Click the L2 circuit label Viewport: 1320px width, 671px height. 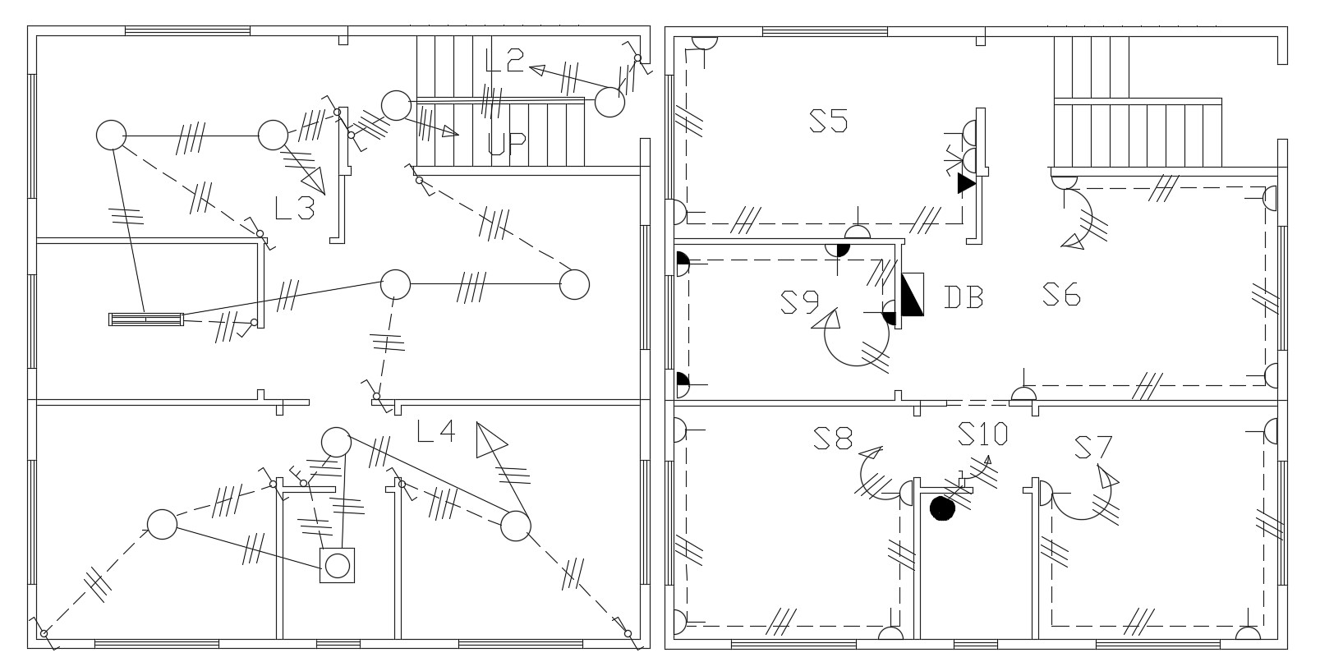pyautogui.click(x=504, y=61)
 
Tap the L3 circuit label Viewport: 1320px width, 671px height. pyautogui.click(x=295, y=208)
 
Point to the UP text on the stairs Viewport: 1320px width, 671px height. pyautogui.click(x=507, y=144)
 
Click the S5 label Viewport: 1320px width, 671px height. pyautogui.click(x=829, y=121)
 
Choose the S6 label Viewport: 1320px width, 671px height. pyautogui.click(x=1061, y=295)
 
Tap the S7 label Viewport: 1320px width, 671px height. pyautogui.click(x=1093, y=447)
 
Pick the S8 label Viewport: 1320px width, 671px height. pyautogui.click(x=833, y=439)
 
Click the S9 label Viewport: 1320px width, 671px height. pyautogui.click(x=800, y=302)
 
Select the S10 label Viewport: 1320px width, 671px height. pyautogui.click(x=982, y=434)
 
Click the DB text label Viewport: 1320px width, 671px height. pyautogui.click(x=964, y=297)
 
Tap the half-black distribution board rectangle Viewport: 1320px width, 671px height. pyautogui.click(x=913, y=294)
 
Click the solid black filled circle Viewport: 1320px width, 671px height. pyautogui.click(x=942, y=508)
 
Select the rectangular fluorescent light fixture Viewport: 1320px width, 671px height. pyautogui.click(x=146, y=319)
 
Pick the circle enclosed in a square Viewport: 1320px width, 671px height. pyautogui.click(x=337, y=566)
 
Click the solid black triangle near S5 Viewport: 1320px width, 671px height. pyautogui.click(x=966, y=183)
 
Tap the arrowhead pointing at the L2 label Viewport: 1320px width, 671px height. pyautogui.click(x=537, y=70)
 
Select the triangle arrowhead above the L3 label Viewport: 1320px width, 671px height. pyautogui.click(x=315, y=180)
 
